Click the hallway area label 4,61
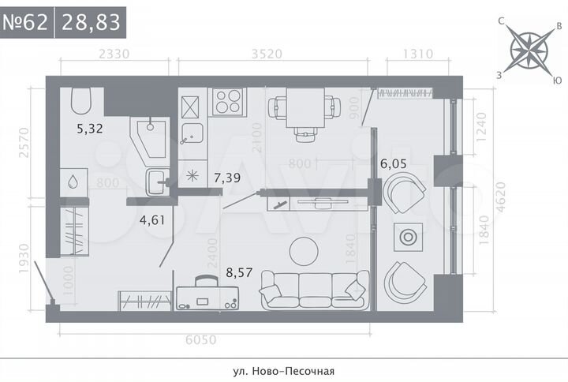pos(151,219)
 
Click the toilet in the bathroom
pos(82,101)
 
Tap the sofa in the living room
pos(314,289)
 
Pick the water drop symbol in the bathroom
pos(73,181)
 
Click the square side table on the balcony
pos(409,237)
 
